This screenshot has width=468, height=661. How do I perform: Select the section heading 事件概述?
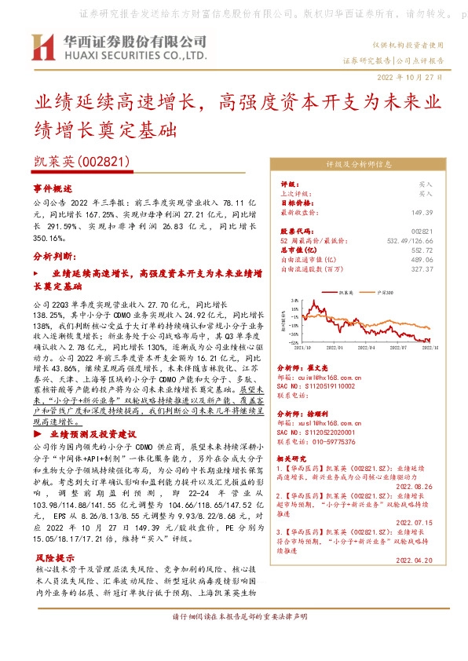(x=52, y=189)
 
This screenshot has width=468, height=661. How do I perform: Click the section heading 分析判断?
(x=52, y=256)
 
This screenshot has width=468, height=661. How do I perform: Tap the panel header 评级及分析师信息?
(x=358, y=166)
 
